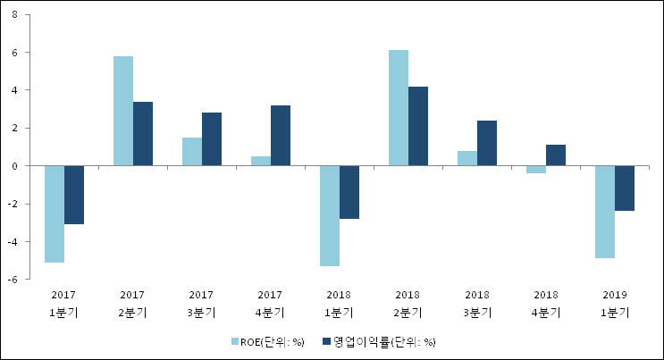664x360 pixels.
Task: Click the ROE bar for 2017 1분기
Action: tap(55, 213)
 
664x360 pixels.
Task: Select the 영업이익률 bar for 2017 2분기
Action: tap(143, 134)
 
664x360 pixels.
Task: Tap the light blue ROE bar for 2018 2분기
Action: tap(399, 108)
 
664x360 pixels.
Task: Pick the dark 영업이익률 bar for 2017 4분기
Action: tap(281, 136)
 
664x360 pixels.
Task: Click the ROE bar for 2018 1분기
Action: tap(330, 215)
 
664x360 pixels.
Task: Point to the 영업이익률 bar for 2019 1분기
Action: tap(625, 188)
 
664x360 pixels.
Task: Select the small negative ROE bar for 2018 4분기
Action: tap(536, 169)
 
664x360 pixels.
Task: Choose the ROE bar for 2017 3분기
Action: tap(192, 152)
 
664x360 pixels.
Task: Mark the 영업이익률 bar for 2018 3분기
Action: tap(487, 143)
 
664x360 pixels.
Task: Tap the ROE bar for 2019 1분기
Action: tap(605, 212)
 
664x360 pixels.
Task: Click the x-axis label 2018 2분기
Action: tap(408, 303)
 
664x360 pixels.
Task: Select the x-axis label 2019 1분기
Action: tap(615, 303)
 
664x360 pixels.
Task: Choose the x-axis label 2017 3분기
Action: tap(202, 303)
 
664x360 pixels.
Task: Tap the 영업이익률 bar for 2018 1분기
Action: tap(349, 192)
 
